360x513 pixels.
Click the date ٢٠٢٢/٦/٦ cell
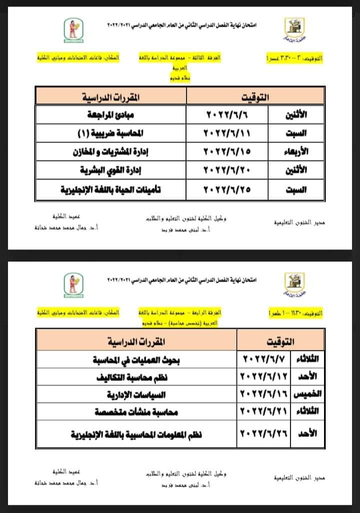pyautogui.click(x=226, y=115)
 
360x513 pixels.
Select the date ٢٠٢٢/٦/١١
pyautogui.click(x=226, y=133)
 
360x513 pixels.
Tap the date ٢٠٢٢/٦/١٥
pyautogui.click(x=226, y=152)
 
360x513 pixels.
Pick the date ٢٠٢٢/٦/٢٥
pyautogui.click(x=226, y=189)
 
